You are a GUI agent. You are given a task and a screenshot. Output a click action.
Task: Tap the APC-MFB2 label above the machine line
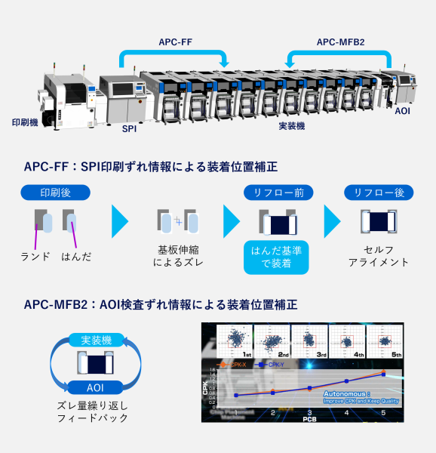[340, 43]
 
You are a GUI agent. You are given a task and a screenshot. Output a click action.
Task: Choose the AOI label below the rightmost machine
[404, 110]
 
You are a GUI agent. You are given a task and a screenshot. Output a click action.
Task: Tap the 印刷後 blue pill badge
[55, 193]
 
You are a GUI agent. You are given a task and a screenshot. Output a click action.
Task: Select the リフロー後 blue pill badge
[379, 193]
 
